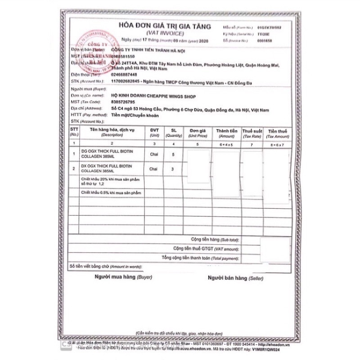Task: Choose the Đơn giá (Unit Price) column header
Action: click(198, 132)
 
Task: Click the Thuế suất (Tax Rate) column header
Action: click(252, 132)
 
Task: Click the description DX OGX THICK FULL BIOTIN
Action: click(109, 166)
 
